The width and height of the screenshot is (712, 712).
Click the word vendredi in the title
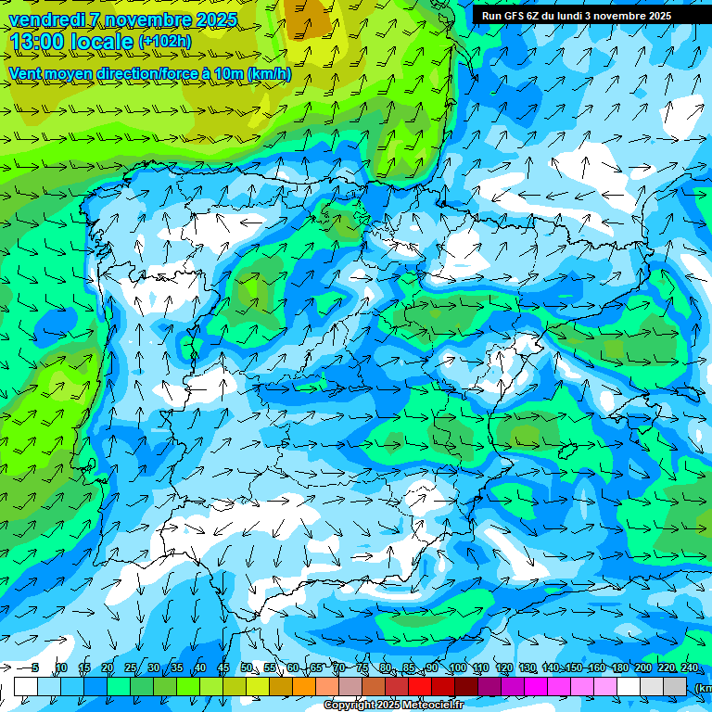click(47, 19)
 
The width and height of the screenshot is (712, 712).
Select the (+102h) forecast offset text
click(165, 42)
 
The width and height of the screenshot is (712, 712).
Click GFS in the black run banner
click(516, 16)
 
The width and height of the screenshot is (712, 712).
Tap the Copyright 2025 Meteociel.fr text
click(394, 706)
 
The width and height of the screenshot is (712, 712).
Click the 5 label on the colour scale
click(35, 668)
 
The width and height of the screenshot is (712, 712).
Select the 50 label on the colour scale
click(247, 668)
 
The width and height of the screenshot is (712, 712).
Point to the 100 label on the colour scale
click(457, 668)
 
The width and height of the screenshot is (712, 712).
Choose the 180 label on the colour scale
click(619, 668)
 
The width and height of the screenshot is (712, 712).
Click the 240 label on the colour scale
click(689, 668)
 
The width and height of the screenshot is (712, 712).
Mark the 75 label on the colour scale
click(362, 668)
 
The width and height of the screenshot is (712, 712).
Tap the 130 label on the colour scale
click(528, 668)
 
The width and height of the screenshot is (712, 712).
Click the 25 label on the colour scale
click(131, 668)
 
